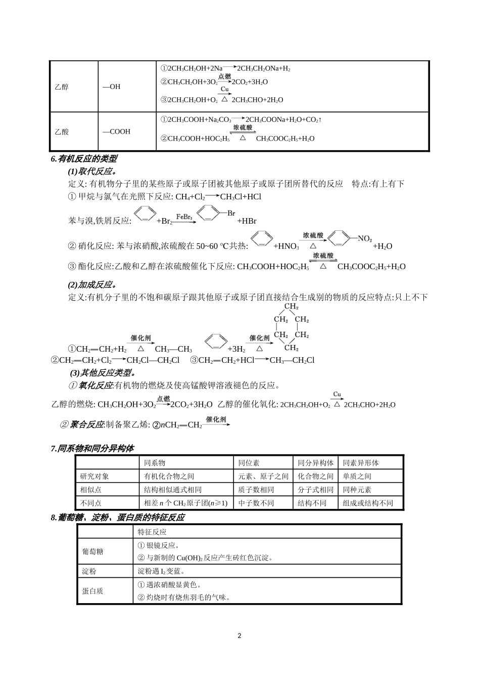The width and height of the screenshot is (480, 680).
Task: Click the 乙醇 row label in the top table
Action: (x=62, y=87)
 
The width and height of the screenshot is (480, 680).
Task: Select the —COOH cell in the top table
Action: (x=116, y=132)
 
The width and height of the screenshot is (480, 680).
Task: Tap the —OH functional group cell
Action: (x=112, y=87)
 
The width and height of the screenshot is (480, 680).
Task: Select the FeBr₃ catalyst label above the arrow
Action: (x=184, y=217)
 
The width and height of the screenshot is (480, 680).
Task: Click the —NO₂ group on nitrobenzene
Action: (x=364, y=238)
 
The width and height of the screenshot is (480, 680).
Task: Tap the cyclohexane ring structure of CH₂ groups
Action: (x=291, y=327)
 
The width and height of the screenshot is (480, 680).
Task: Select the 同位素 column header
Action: (x=250, y=462)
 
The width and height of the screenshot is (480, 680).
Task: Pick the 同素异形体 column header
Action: (x=361, y=462)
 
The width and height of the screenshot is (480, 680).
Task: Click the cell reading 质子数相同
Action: (x=256, y=490)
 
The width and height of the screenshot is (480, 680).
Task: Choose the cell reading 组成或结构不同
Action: (x=368, y=503)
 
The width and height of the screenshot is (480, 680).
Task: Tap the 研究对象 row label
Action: (x=94, y=476)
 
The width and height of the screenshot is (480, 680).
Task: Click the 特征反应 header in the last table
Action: (x=152, y=532)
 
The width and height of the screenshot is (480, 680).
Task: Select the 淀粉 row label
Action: (x=89, y=571)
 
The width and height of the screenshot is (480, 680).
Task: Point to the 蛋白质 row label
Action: (x=92, y=591)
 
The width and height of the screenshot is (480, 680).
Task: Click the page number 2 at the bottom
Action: (x=239, y=635)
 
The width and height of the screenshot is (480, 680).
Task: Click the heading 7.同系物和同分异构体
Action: (x=92, y=448)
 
